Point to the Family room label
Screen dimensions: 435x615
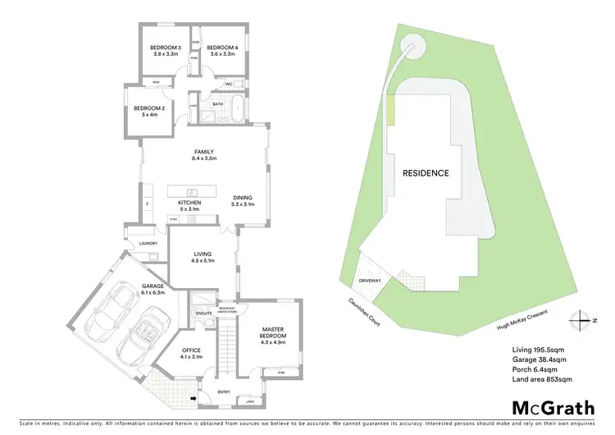(x=203, y=153)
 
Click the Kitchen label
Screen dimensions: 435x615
(x=189, y=203)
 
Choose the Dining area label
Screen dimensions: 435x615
(x=242, y=198)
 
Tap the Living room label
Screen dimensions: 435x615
(x=201, y=254)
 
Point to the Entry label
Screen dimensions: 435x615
(x=224, y=392)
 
